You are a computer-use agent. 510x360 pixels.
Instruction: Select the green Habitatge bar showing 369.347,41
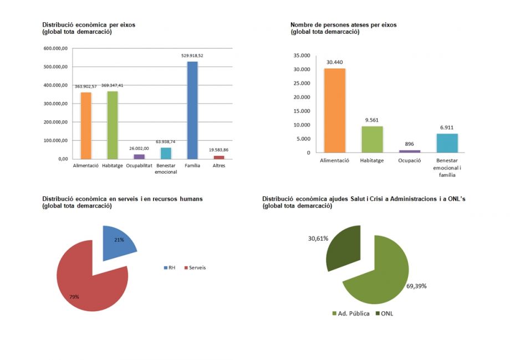point(113,125)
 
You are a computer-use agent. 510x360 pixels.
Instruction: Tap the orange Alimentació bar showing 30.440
point(335,110)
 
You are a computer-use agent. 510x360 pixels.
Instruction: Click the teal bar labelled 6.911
point(447,143)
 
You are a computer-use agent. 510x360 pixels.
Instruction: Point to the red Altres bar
point(219,157)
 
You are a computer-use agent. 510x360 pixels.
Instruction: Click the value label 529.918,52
point(192,56)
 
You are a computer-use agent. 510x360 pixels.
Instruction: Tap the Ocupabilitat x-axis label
point(139,165)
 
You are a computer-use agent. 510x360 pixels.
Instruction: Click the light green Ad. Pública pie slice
point(382,275)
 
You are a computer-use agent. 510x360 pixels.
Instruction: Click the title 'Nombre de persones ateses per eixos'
point(343,25)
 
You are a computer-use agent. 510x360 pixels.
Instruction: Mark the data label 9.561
point(372,120)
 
